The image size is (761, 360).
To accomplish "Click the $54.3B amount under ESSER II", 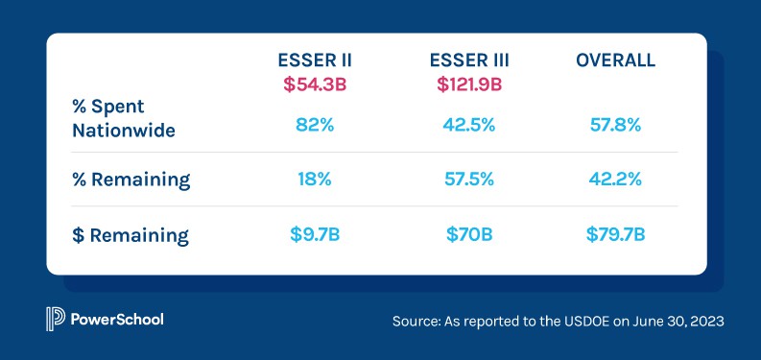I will pos(314,84).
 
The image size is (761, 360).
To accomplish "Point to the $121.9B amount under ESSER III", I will pos(469,84).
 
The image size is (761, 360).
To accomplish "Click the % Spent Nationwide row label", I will pos(124,117).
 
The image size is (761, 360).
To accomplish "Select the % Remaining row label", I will pos(131,180).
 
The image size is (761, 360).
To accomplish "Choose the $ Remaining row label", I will pos(130,235).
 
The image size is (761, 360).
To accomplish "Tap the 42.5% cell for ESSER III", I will pos(469,125).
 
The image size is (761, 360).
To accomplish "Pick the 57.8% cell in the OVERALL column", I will pos(615,125).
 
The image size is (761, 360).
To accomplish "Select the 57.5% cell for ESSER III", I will pos(469,180).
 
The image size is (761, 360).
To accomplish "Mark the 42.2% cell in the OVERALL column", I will pos(615,180).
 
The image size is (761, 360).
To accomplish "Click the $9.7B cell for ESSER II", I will pos(314,235).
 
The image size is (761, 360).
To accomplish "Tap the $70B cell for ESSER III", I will pos(469,235).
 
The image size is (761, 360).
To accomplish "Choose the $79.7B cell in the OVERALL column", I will pos(615,235).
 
